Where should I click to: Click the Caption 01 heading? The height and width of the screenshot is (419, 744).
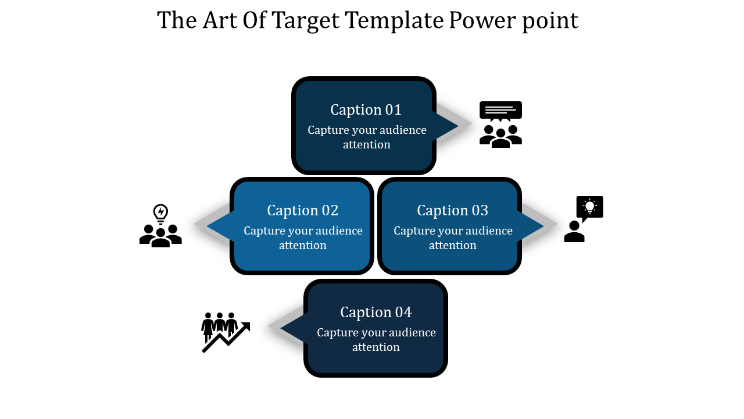pos(366,110)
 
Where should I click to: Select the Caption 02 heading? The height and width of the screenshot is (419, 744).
pos(303,210)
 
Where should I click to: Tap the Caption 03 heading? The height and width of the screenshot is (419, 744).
pos(452,210)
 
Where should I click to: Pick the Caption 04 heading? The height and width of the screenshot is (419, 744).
pos(375,312)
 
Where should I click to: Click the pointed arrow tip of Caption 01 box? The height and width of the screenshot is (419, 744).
pos(458,125)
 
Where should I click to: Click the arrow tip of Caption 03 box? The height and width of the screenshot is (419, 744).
pos(543,226)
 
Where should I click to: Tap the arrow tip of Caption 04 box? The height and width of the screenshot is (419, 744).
pos(281,328)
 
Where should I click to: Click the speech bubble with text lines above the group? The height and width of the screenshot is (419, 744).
pos(500,111)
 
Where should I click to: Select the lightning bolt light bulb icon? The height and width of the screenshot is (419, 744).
pos(160,214)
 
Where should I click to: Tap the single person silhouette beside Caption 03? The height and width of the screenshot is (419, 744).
pos(574,232)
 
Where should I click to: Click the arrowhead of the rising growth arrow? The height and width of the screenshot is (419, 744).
pos(246,326)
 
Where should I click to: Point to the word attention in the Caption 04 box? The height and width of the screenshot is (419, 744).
pos(375,347)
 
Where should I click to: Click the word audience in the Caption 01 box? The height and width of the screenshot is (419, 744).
pos(403,130)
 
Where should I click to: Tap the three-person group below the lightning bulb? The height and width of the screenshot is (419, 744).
pos(160,236)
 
